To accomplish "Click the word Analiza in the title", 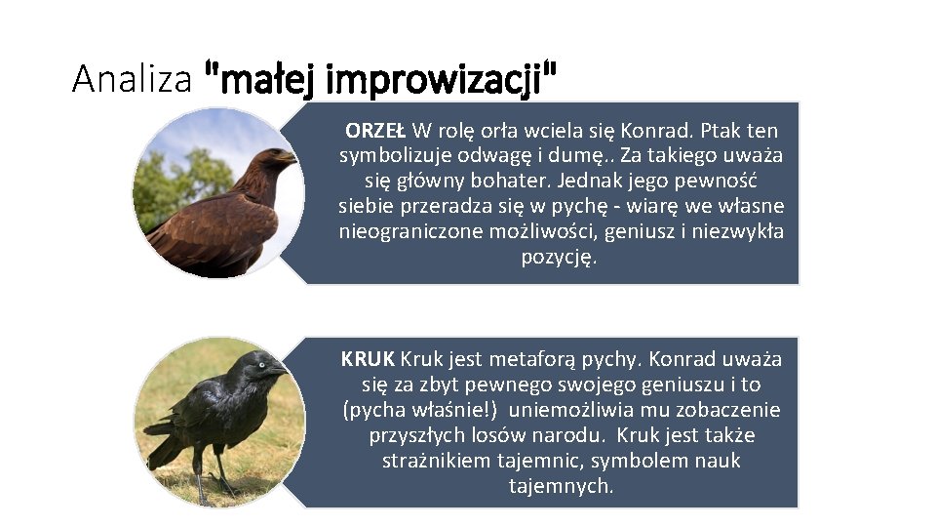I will [x=132, y=79].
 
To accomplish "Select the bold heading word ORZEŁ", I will [x=375, y=130].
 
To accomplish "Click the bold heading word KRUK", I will [x=368, y=358].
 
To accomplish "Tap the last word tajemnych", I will [x=560, y=485].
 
